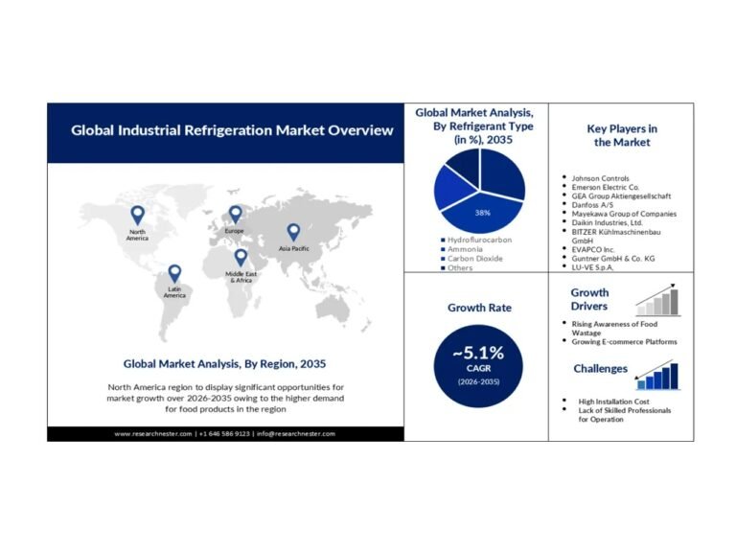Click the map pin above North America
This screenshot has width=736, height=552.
pos(137,216)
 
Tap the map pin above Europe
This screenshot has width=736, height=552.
pos(235,215)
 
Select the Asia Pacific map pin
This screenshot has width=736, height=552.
pos(293,233)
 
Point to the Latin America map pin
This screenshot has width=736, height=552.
pos(174,274)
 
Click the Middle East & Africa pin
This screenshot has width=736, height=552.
pos(241,258)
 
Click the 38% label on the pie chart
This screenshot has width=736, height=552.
pos(483,213)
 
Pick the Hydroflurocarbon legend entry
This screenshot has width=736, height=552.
pos(476,240)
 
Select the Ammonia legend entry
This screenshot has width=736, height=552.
pos(461,249)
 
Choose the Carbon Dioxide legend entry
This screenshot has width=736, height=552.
pos(471,259)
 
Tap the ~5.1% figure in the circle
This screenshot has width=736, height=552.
pos(478,353)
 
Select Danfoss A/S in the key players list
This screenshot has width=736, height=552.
pos(592,205)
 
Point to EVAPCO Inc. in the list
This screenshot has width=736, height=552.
pos(593,250)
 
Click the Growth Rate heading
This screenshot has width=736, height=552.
pos(479,308)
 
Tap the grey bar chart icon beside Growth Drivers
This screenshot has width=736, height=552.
pos(657,300)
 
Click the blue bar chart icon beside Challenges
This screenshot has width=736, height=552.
pos(657,376)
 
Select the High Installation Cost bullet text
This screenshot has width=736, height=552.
pos(613,402)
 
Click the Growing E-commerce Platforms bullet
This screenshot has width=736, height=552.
pos(624,342)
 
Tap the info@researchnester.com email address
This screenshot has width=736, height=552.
pos(296,434)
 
